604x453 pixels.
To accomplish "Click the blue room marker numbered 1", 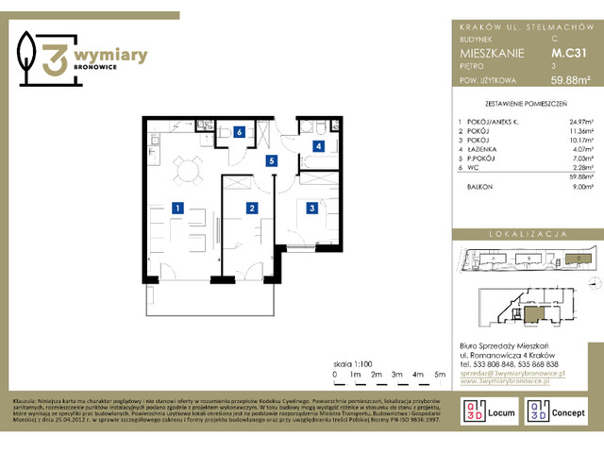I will [176, 208].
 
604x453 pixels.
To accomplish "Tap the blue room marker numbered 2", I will [252, 208].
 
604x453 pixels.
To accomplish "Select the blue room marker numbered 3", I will [310, 208].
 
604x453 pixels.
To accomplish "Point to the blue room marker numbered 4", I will [320, 146].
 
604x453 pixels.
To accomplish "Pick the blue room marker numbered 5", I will [271, 161].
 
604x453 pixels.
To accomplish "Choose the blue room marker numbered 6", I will [240, 133].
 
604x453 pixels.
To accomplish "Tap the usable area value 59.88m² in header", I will [570, 80].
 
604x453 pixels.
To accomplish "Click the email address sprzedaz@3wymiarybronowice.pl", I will [510, 374].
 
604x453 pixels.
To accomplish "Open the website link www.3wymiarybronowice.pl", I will [510, 383].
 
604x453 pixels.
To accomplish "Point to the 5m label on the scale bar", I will [439, 375].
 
